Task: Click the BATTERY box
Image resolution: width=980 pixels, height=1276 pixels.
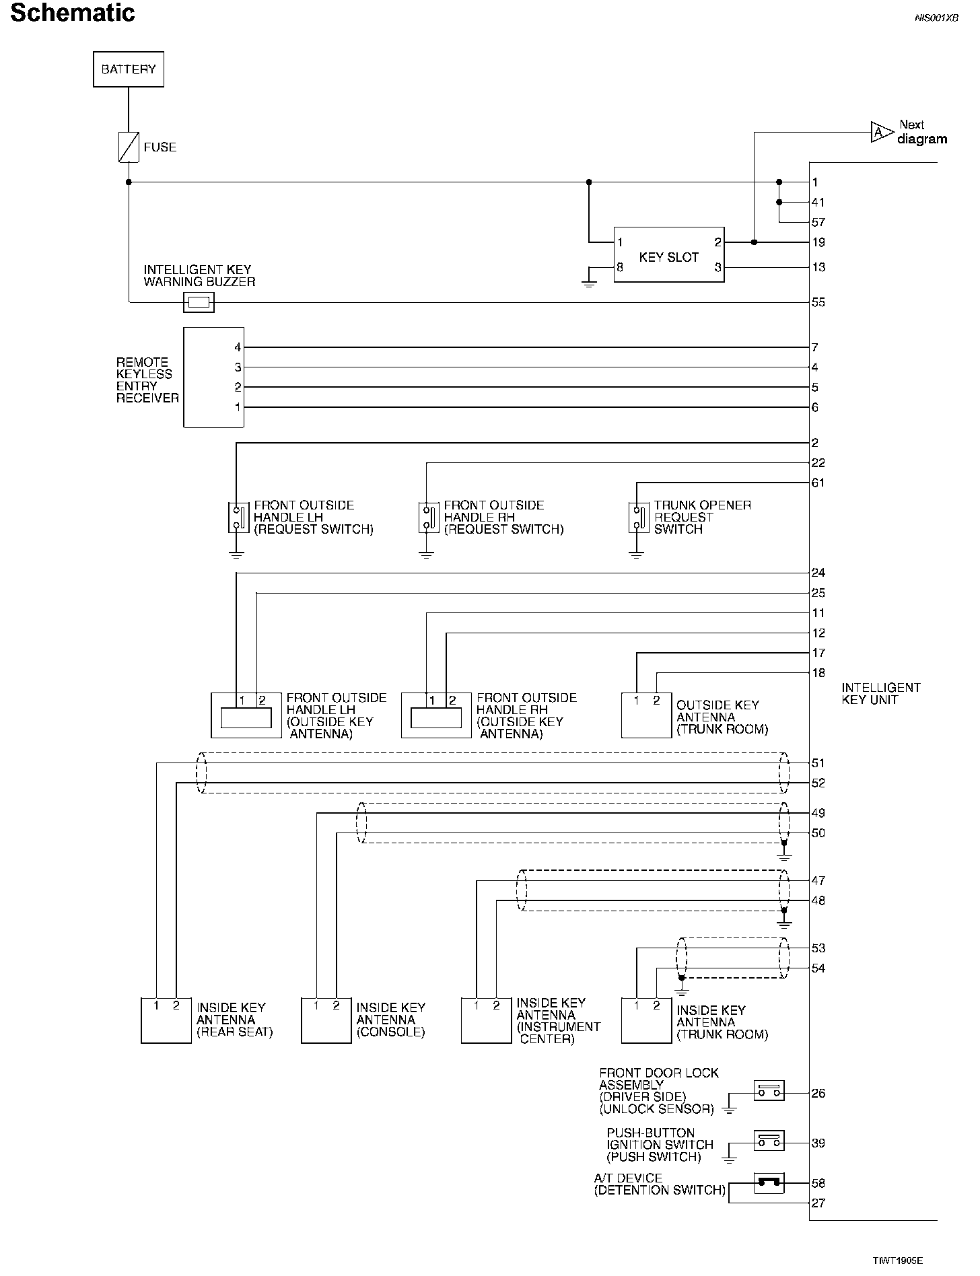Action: tap(128, 69)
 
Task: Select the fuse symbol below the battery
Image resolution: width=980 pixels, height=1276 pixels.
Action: tap(128, 147)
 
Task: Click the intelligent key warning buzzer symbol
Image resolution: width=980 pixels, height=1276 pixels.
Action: tap(199, 303)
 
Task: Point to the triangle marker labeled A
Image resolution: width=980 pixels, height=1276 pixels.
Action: tap(879, 133)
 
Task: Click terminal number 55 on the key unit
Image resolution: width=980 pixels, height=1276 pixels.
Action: tap(818, 303)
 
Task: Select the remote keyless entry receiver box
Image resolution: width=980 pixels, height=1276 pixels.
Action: tap(213, 377)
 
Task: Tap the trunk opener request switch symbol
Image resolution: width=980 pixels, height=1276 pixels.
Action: tap(637, 518)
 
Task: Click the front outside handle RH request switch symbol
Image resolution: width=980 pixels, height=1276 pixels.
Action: tap(426, 518)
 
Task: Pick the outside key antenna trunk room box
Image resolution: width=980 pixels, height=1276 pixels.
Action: tap(646, 715)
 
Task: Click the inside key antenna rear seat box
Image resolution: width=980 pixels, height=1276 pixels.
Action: tap(166, 1020)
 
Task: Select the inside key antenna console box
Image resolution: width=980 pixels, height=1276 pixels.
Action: tap(326, 1020)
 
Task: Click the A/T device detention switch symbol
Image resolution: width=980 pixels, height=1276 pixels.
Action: tap(769, 1182)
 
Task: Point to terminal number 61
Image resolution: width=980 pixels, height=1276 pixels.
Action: tap(818, 483)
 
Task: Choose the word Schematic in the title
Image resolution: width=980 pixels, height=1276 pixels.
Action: tap(73, 13)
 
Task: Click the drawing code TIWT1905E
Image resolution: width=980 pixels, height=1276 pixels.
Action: tap(899, 1261)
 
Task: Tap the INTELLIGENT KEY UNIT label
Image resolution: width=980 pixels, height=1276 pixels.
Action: tap(880, 694)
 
